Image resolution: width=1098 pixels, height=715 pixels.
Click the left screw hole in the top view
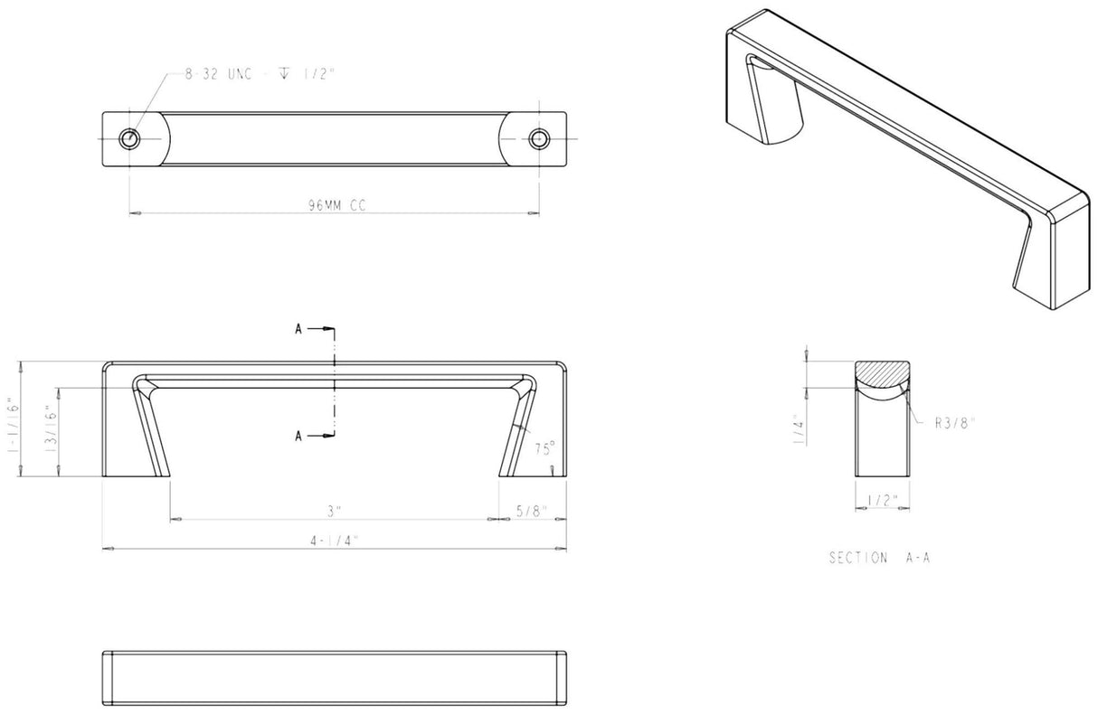point(130,138)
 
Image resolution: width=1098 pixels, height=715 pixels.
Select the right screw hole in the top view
point(539,138)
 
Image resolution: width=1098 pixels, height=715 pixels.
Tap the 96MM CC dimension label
point(336,205)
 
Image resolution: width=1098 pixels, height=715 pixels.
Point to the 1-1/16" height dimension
point(14,416)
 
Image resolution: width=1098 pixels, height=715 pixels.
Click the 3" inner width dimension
point(335,512)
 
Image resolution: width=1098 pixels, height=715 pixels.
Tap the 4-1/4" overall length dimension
point(335,541)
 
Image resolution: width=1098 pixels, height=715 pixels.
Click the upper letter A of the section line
point(299,330)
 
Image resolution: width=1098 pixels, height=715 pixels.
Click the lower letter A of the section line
point(299,437)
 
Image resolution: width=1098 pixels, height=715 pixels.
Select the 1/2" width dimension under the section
point(881,500)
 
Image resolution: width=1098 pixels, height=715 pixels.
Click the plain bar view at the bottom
point(335,678)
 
